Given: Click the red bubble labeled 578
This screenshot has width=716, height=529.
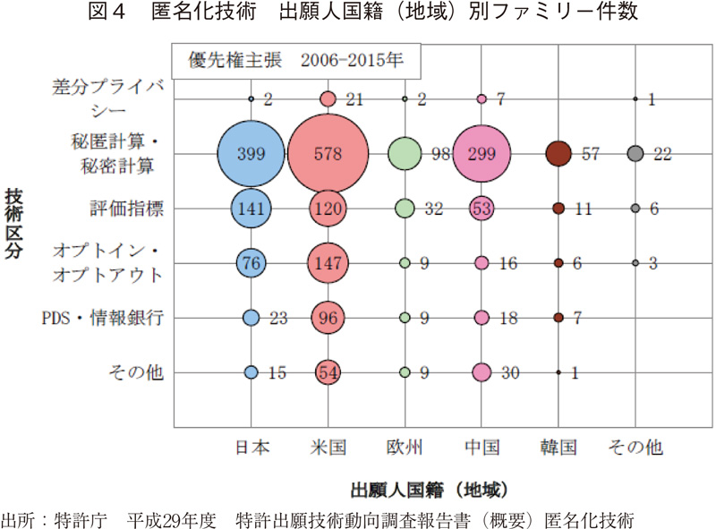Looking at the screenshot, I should tap(328, 153).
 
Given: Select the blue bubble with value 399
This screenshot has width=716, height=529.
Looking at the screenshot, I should tap(251, 153).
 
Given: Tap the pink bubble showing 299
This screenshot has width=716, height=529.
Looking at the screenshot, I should tap(482, 153).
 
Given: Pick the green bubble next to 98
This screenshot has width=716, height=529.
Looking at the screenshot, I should tap(405, 153).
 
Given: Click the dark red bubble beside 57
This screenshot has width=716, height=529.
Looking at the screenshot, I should tap(558, 153).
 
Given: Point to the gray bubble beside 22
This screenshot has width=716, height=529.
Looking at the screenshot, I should tap(635, 153).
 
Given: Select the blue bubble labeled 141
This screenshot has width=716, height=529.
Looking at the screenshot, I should tap(251, 208).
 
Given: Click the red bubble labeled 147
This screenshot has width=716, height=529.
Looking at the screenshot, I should tap(328, 263).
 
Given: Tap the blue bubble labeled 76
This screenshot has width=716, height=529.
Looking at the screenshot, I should tap(251, 263).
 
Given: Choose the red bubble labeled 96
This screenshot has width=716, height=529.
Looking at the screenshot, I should tap(328, 318).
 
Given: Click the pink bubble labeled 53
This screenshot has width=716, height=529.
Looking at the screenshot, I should tap(482, 208).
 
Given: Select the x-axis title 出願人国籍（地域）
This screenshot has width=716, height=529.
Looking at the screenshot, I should tap(430, 490).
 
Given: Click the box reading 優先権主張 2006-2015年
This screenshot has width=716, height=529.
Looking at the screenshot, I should tap(296, 61).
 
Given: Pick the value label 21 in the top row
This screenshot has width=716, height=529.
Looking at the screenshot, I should tap(354, 99).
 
